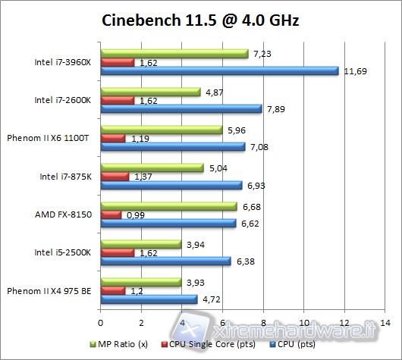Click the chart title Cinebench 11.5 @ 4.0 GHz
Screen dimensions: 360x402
pos(200,20)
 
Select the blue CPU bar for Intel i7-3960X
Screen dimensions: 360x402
pos(219,70)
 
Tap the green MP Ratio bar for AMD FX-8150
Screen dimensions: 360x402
pos(168,206)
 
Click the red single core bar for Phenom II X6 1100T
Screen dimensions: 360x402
pos(113,139)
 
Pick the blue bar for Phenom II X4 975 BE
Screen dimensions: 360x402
pos(149,299)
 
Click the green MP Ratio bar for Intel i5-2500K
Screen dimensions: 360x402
pos(140,244)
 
